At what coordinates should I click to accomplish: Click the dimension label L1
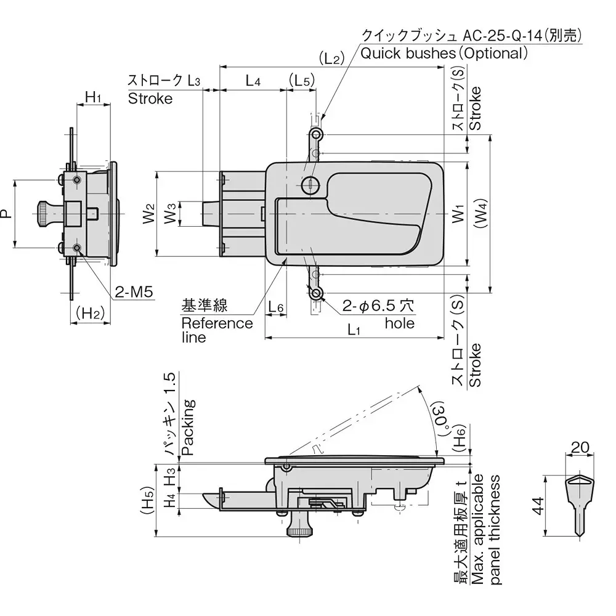353,330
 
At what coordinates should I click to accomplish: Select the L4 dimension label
253,80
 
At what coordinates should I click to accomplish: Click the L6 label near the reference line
276,307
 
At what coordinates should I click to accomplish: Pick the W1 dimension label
457,215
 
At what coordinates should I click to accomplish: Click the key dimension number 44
537,506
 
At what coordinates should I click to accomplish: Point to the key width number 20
580,448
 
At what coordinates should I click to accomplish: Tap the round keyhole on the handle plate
310,183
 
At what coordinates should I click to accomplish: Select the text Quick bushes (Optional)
444,53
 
